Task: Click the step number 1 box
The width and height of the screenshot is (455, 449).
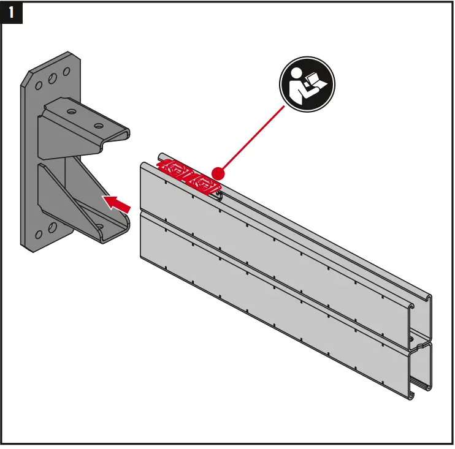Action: (13, 13)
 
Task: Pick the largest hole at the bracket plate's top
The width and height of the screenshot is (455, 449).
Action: (53, 77)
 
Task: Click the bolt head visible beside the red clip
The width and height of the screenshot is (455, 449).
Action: (218, 194)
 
